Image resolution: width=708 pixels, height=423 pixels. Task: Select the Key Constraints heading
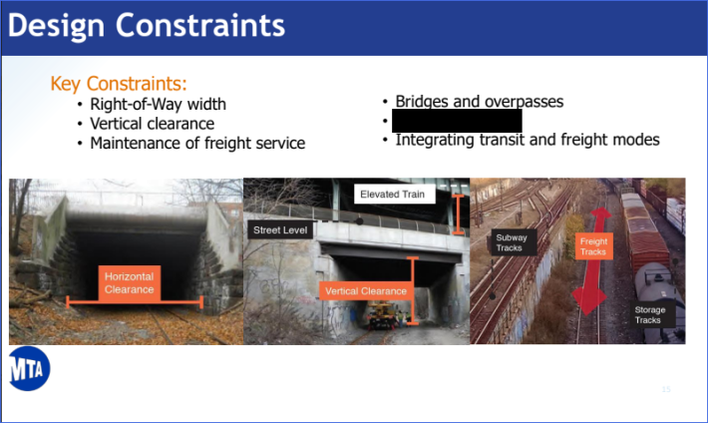pyautogui.click(x=119, y=83)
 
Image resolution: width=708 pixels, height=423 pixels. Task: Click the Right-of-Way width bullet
pyautogui.click(x=158, y=104)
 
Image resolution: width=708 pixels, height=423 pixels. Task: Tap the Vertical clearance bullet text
pyautogui.click(x=152, y=124)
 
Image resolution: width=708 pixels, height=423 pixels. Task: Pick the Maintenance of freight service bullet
pyautogui.click(x=197, y=144)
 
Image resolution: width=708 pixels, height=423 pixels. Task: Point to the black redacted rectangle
pyautogui.click(x=457, y=121)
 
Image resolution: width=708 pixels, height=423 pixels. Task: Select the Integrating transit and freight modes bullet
pyautogui.click(x=528, y=140)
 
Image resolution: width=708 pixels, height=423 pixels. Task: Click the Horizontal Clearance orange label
pyautogui.click(x=129, y=282)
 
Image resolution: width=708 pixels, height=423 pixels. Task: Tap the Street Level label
pyautogui.click(x=281, y=230)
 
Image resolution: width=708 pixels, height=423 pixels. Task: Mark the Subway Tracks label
pyautogui.click(x=513, y=242)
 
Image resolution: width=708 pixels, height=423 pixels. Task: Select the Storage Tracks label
pyautogui.click(x=648, y=314)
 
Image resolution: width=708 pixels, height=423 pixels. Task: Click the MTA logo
pyautogui.click(x=29, y=371)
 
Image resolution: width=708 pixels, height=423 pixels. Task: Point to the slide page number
pyautogui.click(x=665, y=388)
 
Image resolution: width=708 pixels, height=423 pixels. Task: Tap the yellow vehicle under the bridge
pyautogui.click(x=382, y=316)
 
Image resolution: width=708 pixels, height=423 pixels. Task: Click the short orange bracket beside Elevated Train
pyautogui.click(x=458, y=213)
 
